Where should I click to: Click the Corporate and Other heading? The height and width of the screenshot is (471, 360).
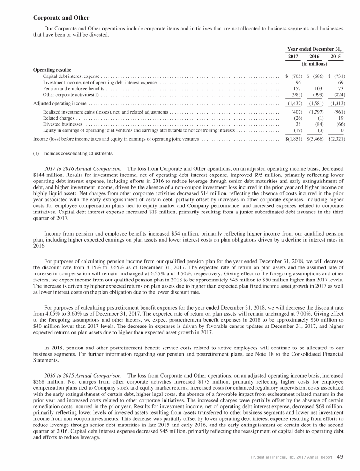[61, 18]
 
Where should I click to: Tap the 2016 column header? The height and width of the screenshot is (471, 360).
[315, 56]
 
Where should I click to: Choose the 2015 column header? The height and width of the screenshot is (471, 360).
[336, 56]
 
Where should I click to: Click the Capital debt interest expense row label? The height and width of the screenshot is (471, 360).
[71, 76]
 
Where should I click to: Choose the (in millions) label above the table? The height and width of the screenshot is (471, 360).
[315, 63]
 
